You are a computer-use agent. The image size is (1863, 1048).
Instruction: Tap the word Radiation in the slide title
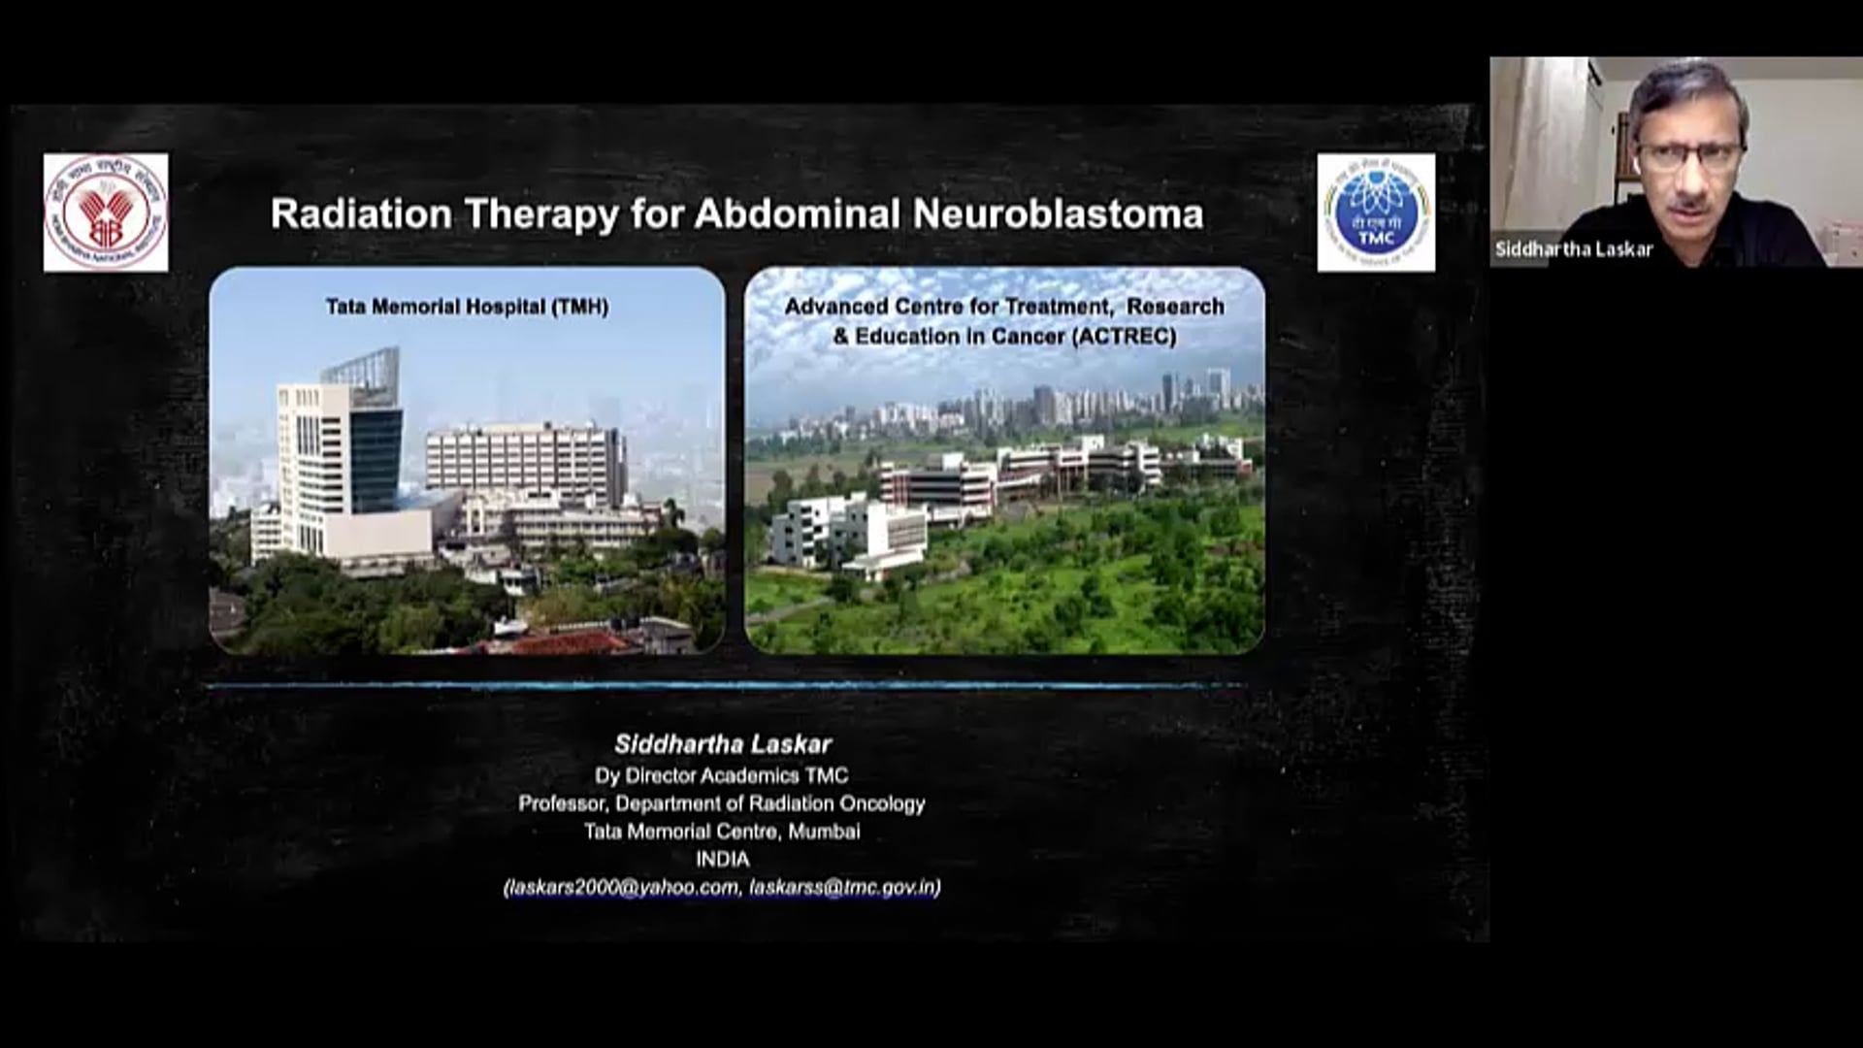(361, 214)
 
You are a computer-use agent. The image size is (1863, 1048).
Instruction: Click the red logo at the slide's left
(106, 213)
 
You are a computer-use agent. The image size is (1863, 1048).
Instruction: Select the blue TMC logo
(1376, 213)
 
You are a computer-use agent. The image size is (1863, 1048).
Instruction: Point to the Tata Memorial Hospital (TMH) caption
(467, 307)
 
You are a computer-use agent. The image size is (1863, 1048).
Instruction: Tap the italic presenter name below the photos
(723, 744)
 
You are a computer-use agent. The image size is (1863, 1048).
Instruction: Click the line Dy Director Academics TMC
(721, 775)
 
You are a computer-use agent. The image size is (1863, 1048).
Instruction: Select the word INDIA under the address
(722, 859)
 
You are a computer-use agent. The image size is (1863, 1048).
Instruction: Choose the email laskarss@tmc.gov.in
(842, 887)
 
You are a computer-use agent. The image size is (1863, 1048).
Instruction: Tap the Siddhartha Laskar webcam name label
(1573, 249)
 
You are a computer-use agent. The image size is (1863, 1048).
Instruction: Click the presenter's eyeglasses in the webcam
(1689, 156)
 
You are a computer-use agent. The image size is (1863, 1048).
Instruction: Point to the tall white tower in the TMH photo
(312, 456)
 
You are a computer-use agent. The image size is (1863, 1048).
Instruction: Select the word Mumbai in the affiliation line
(824, 832)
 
